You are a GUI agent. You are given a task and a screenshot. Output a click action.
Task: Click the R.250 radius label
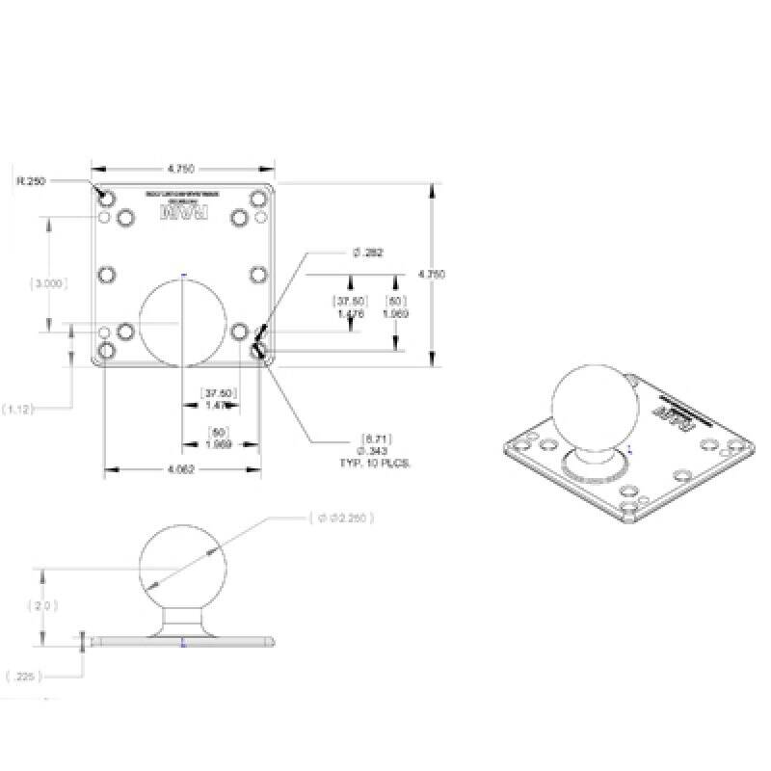[x=31, y=180]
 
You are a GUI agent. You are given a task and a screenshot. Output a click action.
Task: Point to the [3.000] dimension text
[x=49, y=283]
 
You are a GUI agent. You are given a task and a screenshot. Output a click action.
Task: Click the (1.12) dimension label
[x=18, y=409]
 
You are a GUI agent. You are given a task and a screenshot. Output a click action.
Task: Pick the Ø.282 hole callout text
[x=367, y=253]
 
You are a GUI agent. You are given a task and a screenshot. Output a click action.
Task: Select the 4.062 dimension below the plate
[x=182, y=470]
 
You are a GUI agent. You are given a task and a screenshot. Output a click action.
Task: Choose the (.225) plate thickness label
[x=21, y=676]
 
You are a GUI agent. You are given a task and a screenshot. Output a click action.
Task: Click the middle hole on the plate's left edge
[x=107, y=275]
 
